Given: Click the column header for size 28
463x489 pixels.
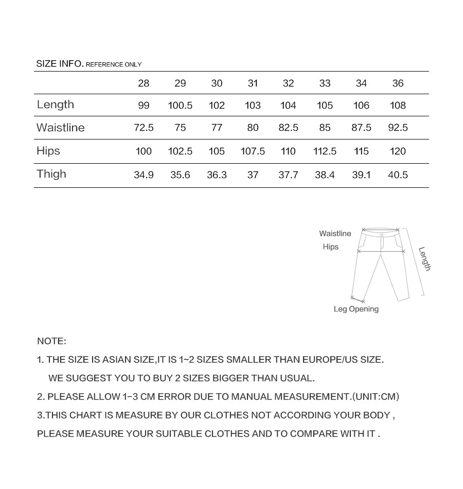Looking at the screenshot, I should pos(144,83).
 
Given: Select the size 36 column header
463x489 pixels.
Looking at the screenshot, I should pos(398,83).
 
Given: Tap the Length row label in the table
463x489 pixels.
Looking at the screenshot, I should pos(56,105).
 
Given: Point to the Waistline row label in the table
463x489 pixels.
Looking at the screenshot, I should pos(61,128).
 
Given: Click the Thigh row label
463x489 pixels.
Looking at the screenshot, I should pos(51,174).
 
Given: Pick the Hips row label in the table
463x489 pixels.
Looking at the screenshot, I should pos(48,151).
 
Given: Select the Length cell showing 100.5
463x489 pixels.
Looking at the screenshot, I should pos(180,106).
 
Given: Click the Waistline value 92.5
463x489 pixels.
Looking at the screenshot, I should pos(398,128).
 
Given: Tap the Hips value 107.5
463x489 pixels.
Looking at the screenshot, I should pos(253,151).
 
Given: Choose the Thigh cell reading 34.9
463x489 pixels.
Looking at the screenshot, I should pos(144,175).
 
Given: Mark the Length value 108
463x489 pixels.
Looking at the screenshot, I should pos(398,106).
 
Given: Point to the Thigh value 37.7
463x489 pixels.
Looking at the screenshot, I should pos(288,175).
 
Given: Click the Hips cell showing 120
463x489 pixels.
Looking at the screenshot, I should pos(398,151).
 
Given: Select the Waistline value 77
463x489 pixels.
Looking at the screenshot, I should pos(217,128).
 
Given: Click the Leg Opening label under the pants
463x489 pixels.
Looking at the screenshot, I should pos(356,309).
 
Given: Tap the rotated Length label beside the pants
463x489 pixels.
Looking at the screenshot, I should pos(424,259).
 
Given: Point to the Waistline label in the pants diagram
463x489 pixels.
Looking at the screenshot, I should pos(335,234).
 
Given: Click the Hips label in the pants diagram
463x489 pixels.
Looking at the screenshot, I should pos(331,247).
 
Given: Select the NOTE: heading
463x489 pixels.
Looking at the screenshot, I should pos(51,341).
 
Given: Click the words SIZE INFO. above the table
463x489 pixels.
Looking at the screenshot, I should pos(60,64).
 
